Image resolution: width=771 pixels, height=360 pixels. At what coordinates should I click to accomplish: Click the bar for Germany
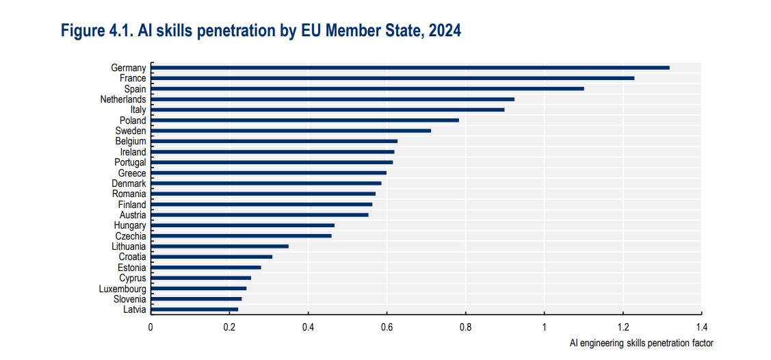point(410,67)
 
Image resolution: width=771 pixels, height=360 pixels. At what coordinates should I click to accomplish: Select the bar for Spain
point(367,88)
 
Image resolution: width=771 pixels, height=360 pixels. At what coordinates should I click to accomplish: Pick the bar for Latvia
point(194,309)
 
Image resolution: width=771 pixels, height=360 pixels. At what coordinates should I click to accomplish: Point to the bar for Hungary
point(243,225)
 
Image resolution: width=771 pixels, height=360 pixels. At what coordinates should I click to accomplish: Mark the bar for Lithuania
point(220,246)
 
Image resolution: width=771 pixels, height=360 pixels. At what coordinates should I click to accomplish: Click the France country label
point(133,78)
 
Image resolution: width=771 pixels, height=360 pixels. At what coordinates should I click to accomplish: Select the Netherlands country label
point(123,99)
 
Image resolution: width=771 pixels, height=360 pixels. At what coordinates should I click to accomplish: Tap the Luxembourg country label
point(122,288)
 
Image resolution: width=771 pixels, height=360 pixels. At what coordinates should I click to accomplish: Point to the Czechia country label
point(131,235)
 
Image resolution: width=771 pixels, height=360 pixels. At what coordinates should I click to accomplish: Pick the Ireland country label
point(133,152)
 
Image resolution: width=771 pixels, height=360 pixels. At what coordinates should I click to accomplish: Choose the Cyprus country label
point(132,278)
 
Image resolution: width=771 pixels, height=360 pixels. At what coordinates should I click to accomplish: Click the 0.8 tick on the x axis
point(466,327)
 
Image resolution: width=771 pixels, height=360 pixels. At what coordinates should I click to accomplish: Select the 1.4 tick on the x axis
point(702,327)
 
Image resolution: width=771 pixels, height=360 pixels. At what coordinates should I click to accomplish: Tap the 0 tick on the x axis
point(151,327)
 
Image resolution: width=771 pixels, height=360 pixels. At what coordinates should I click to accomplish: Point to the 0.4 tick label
point(308,327)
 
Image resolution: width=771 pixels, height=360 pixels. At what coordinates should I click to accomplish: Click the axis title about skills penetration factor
point(641,342)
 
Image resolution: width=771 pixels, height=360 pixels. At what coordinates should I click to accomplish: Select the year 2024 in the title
point(445,31)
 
